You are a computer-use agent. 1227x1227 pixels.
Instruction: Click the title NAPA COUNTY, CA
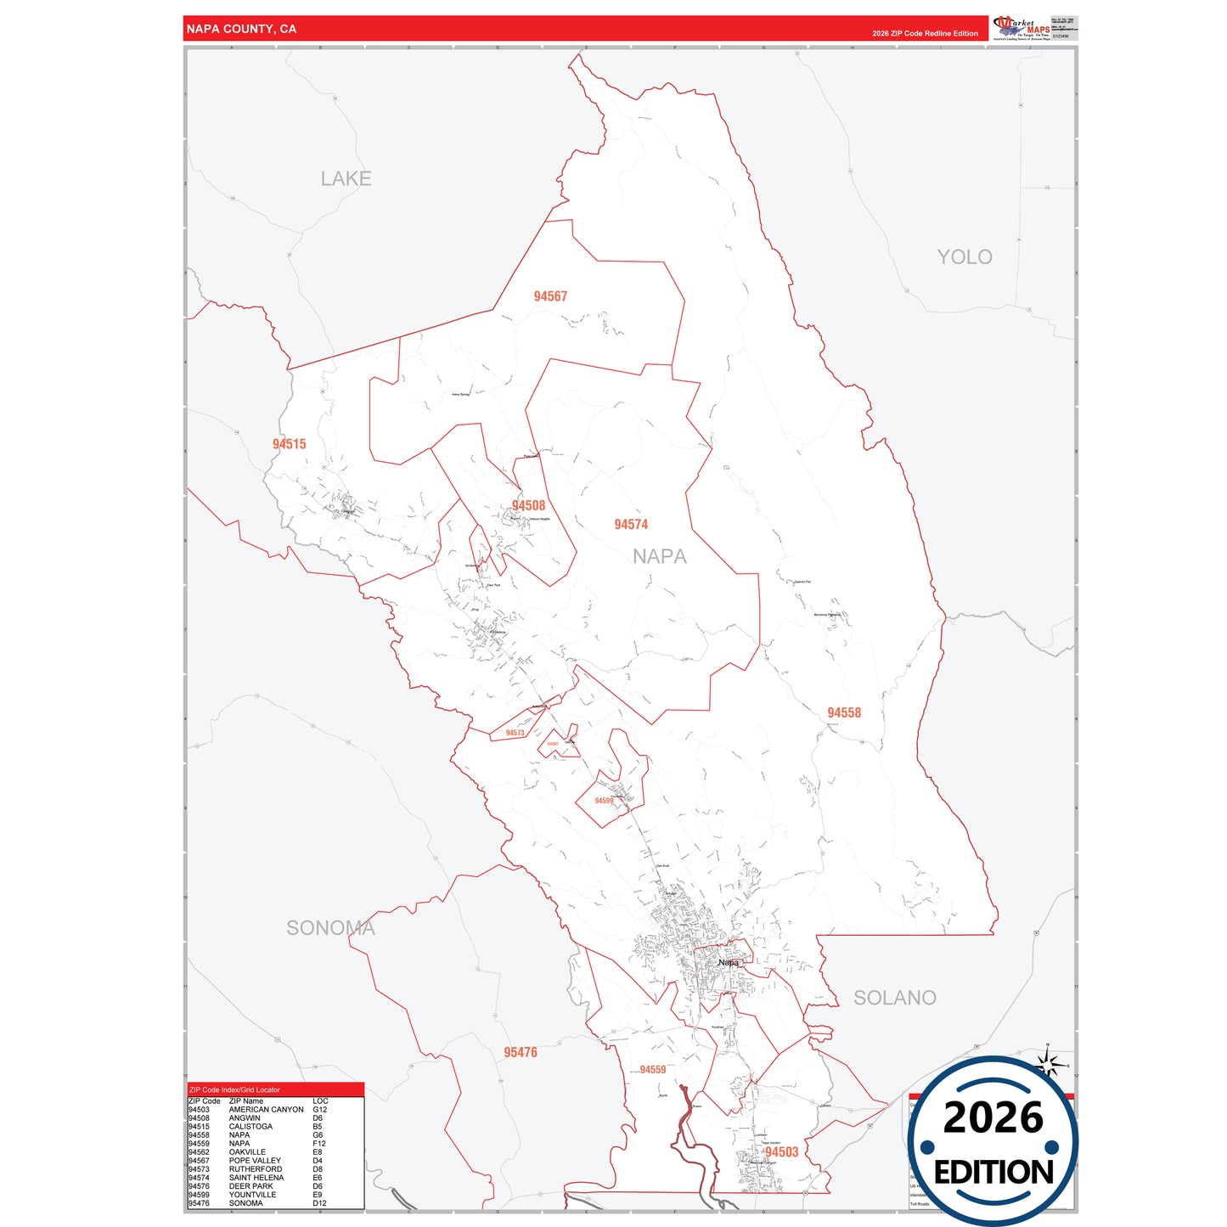tap(241, 29)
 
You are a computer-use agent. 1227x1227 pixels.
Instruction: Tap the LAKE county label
tap(346, 179)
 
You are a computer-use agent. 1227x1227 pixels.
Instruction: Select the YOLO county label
tap(964, 257)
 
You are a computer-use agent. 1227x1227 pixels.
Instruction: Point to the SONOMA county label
tap(330, 928)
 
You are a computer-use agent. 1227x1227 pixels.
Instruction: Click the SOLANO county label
tap(894, 998)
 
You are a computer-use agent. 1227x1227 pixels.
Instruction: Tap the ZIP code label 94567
tap(550, 296)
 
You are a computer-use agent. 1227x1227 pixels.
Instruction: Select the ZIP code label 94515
tap(289, 444)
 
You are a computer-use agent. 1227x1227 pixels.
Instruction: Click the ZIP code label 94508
tap(528, 506)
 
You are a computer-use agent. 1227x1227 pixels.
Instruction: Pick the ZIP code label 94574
tap(631, 525)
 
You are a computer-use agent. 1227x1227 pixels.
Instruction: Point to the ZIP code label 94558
tap(844, 713)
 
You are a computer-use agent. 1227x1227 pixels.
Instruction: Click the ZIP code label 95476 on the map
tap(520, 1053)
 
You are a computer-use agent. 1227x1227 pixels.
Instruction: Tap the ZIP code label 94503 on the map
tap(781, 1152)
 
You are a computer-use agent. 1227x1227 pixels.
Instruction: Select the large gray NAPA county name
tap(659, 557)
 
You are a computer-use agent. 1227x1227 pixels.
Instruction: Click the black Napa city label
tap(728, 963)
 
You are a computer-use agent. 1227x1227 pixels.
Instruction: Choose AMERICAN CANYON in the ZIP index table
tap(266, 1110)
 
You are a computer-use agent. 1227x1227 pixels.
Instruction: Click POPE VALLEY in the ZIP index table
tap(255, 1161)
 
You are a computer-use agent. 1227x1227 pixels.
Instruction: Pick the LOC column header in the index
tap(320, 1101)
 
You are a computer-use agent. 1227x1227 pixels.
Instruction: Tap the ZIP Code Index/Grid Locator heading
tap(234, 1089)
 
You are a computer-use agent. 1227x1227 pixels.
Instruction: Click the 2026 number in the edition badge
tap(993, 1117)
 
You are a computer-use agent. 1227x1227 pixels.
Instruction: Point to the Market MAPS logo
tap(1022, 27)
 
